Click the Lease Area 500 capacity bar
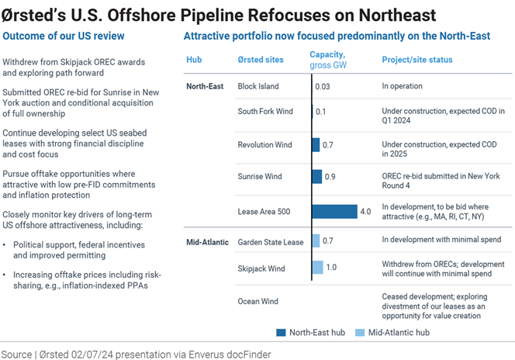(x=335, y=211)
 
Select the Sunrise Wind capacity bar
(x=317, y=177)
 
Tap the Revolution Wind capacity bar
(x=316, y=144)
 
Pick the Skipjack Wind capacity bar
(x=317, y=268)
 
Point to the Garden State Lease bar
(x=316, y=241)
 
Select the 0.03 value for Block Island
(x=322, y=86)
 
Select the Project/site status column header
(x=417, y=60)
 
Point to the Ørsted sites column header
(x=261, y=60)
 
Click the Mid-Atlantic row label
(x=208, y=241)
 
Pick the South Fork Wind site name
(x=265, y=111)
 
